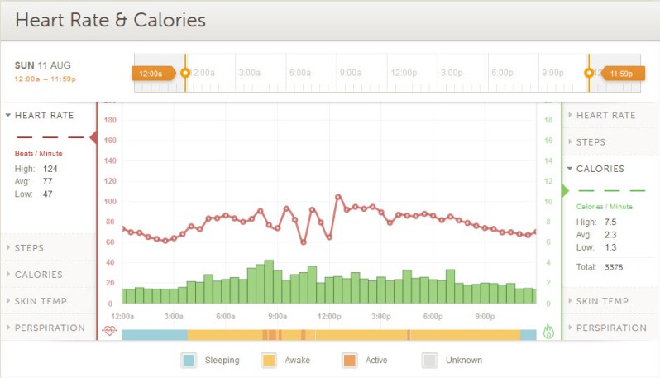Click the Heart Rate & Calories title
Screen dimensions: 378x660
point(110,20)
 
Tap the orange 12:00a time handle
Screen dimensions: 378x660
point(152,73)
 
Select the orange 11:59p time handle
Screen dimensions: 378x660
point(620,73)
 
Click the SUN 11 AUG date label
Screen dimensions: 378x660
point(43,65)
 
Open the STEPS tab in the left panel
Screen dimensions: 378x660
point(30,247)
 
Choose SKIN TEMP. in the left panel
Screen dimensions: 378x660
point(41,300)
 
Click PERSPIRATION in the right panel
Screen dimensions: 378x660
point(610,328)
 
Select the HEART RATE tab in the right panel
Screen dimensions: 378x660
point(605,115)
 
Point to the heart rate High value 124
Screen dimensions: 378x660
point(50,169)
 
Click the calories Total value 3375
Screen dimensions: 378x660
point(614,267)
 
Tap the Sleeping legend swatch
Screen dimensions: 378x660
point(189,360)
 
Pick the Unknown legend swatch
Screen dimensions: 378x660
point(429,360)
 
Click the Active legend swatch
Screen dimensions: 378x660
point(349,360)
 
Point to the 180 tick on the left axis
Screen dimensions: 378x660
point(110,120)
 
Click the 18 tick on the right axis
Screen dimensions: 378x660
point(547,120)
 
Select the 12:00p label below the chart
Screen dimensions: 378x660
point(329,316)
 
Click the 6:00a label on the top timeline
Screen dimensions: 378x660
point(299,73)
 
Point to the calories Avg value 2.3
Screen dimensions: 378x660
point(610,234)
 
